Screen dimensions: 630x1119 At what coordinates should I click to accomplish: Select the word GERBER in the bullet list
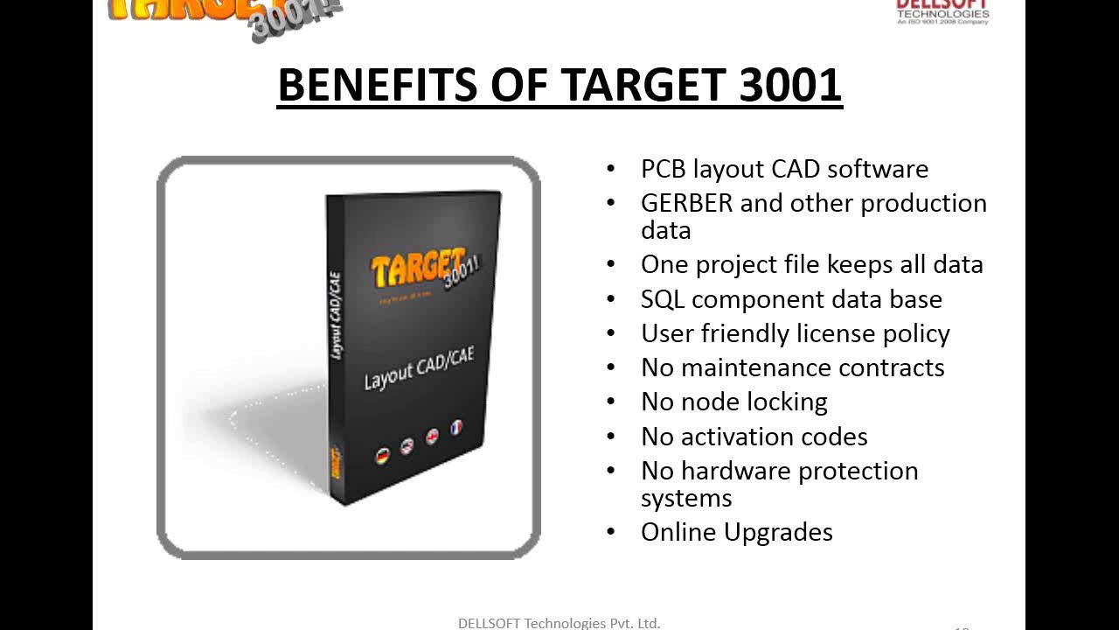686,203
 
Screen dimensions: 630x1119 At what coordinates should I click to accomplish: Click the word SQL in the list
663,299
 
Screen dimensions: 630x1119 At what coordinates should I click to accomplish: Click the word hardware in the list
736,471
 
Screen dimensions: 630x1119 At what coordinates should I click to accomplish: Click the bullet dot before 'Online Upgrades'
611,531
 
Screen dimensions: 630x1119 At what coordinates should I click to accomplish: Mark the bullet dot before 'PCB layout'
611,168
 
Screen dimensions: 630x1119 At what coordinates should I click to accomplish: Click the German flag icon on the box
382,455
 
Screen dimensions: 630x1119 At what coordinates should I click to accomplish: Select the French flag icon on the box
455,428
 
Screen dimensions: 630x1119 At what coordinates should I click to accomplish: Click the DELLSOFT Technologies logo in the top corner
942,10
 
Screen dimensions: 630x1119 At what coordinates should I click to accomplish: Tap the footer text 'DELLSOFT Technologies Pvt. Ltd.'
559,623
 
